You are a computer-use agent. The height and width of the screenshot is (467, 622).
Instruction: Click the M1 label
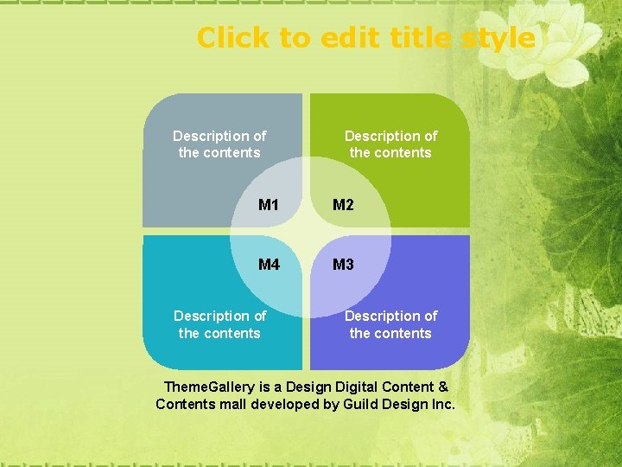point(269,205)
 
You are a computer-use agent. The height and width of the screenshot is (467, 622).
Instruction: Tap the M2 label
point(343,205)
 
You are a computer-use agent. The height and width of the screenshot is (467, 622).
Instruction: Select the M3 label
point(343,265)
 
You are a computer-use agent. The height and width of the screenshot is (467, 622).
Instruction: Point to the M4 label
point(269,265)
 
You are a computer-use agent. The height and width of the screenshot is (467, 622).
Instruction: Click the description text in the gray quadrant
point(219,144)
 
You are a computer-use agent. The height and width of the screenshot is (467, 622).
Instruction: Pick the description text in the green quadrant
point(390,144)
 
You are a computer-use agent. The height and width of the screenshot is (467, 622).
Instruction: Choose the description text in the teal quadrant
point(219,324)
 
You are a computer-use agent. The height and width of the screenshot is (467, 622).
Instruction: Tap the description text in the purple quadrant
point(390,324)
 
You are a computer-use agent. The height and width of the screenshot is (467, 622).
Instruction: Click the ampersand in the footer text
point(444,387)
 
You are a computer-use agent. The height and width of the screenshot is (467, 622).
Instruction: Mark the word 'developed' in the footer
point(283,404)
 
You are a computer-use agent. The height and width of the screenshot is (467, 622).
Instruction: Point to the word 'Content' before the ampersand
point(409,387)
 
